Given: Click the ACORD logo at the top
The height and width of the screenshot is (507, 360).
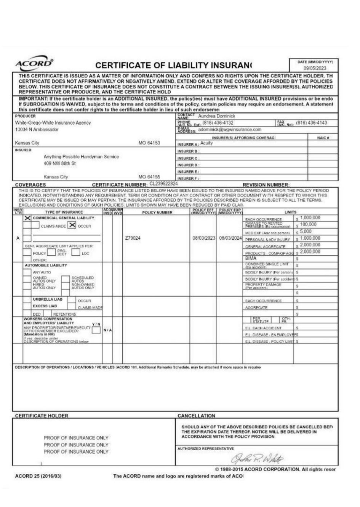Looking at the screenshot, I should [34, 63].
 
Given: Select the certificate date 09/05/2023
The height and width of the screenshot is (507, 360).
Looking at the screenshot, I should [315, 69].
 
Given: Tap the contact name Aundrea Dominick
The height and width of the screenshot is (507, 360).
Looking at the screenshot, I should [217, 116].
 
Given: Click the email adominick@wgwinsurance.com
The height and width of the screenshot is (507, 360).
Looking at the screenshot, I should [230, 130].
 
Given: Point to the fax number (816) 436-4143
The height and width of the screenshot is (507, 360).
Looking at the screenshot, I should [311, 123].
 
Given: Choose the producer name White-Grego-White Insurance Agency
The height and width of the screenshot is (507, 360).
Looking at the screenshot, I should [53, 123].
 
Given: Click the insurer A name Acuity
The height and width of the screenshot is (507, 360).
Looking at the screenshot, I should [206, 143].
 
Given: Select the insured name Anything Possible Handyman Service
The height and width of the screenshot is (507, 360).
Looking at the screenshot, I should [81, 157].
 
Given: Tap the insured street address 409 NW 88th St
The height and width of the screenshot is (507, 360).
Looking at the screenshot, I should [60, 163].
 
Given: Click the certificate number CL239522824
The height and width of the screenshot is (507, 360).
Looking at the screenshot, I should [163, 184].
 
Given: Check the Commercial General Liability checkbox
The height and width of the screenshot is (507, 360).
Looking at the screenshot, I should [27, 218].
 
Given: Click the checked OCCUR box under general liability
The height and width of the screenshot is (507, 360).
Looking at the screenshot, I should [72, 225].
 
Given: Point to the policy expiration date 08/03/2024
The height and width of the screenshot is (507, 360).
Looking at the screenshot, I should [230, 238].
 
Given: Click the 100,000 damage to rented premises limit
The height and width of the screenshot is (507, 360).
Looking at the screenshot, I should [308, 224].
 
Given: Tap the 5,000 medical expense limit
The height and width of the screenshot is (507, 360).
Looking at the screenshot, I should [306, 231].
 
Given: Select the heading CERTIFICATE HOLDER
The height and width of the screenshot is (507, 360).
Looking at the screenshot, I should [42, 416].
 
